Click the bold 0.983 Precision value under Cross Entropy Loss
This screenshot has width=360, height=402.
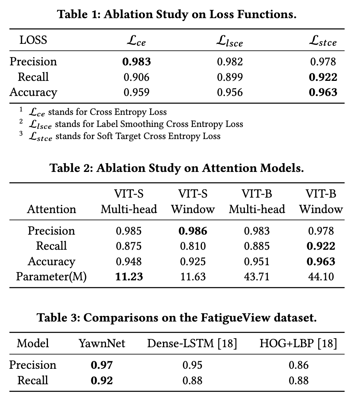point(136,62)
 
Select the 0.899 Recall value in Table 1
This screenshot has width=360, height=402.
point(230,77)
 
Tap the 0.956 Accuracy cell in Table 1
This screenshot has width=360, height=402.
point(230,93)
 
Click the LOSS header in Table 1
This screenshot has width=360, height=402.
point(33,40)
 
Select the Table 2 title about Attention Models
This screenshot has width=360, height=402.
point(177,168)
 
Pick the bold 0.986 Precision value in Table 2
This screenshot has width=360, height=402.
point(193,231)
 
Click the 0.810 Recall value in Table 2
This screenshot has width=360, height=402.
point(193,246)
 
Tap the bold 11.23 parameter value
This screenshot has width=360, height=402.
point(129,277)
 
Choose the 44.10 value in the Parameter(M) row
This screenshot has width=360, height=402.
point(321,277)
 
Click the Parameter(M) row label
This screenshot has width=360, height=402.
point(51,277)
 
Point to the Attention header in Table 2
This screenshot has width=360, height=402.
point(51,209)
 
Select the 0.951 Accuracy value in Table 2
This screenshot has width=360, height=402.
point(257,261)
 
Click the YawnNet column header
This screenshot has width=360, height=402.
point(102,343)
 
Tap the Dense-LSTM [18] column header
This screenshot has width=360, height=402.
point(192,343)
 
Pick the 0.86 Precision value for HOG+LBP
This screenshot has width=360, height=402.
point(298,365)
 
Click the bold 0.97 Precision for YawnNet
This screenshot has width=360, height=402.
point(102,365)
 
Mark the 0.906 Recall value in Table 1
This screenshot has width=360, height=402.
point(136,77)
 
